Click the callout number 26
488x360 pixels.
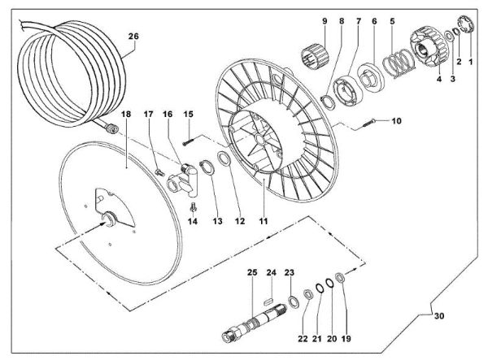pos(134,36)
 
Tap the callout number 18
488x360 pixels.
pos(126,117)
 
